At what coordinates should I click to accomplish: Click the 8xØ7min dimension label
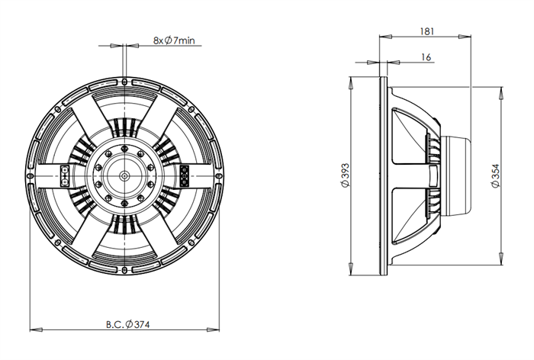pyautogui.click(x=174, y=41)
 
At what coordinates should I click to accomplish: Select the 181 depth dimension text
pyautogui.click(x=426, y=31)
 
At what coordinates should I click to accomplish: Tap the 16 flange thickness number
pyautogui.click(x=426, y=57)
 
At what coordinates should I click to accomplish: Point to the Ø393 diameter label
pyautogui.click(x=345, y=175)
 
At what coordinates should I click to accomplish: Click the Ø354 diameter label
pyautogui.click(x=496, y=175)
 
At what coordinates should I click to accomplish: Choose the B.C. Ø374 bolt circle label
pyautogui.click(x=127, y=325)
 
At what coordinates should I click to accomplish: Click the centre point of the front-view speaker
pyautogui.click(x=124, y=175)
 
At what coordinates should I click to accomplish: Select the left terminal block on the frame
pyautogui.click(x=65, y=176)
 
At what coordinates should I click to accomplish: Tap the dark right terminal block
pyautogui.click(x=185, y=175)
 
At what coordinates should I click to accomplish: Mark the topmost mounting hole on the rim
pyautogui.click(x=124, y=82)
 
